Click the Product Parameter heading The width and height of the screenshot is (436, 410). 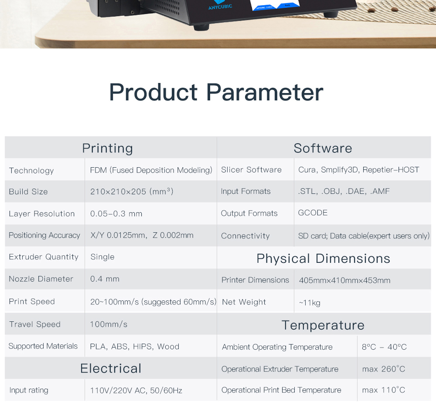tap(216, 93)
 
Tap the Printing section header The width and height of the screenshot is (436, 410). tap(107, 148)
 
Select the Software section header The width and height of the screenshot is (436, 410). tap(323, 148)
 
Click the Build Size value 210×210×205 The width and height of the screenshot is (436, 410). tap(132, 191)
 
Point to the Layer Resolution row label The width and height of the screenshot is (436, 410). tap(42, 214)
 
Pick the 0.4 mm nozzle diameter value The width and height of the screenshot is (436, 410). tap(105, 279)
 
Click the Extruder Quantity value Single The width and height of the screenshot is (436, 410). tap(102, 257)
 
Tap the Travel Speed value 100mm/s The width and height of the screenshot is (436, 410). tap(109, 324)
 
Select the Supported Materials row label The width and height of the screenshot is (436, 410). tap(43, 346)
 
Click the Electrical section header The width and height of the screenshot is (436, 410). tap(111, 368)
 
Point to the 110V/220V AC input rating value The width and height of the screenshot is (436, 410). tap(136, 390)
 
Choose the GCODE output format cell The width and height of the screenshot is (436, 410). tap(313, 213)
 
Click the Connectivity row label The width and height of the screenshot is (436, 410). tap(245, 236)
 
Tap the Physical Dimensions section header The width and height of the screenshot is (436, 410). tap(324, 258)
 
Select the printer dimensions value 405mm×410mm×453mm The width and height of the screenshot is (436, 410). tap(344, 280)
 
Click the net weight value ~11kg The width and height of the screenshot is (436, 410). tap(310, 303)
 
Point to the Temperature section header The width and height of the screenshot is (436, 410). tap(323, 325)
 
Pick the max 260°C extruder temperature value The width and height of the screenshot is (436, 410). tap(383, 369)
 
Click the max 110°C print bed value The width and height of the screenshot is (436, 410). tap(383, 390)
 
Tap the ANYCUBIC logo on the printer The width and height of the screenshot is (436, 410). tap(220, 6)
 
